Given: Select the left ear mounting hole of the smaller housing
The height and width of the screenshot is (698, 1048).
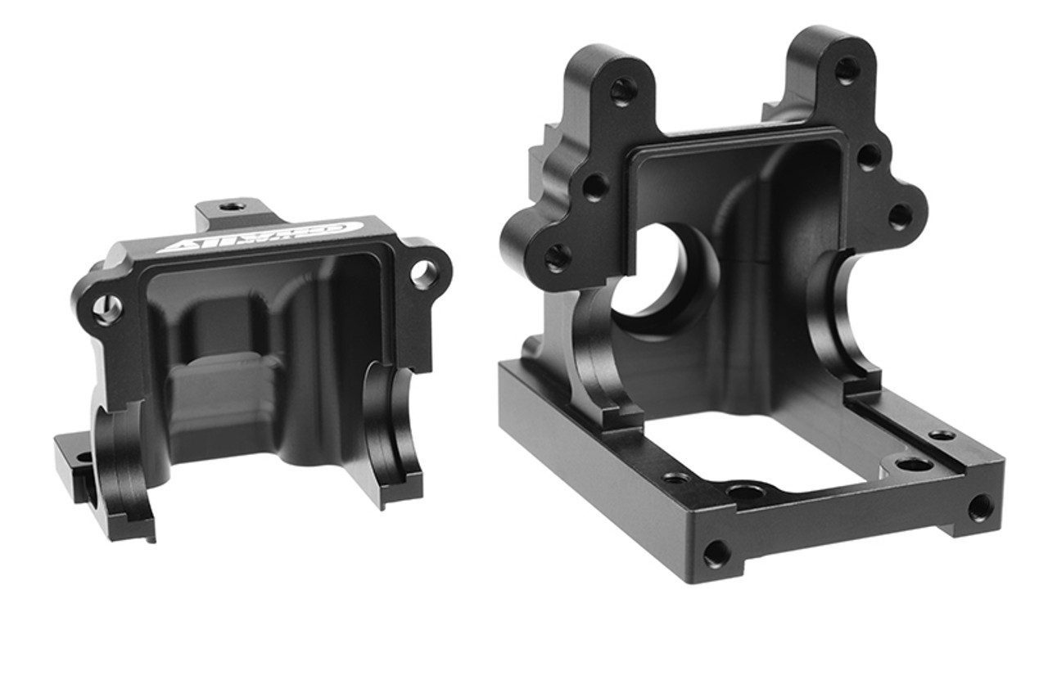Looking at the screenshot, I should coord(107,308).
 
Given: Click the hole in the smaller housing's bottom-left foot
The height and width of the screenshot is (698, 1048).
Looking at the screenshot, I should coord(83,458).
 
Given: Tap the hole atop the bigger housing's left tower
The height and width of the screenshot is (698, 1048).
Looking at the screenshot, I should coord(624,91).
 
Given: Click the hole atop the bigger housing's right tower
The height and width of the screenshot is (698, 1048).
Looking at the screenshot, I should coord(847,70).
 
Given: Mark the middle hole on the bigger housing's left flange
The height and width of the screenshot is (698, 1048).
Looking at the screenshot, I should coord(595,187).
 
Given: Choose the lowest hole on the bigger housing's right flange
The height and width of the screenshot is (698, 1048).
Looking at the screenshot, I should coord(900,216).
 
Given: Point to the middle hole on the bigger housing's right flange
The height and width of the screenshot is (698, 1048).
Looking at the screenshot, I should coord(870,156).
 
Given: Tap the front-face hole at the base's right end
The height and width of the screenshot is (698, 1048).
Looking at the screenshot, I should coord(980,507).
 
